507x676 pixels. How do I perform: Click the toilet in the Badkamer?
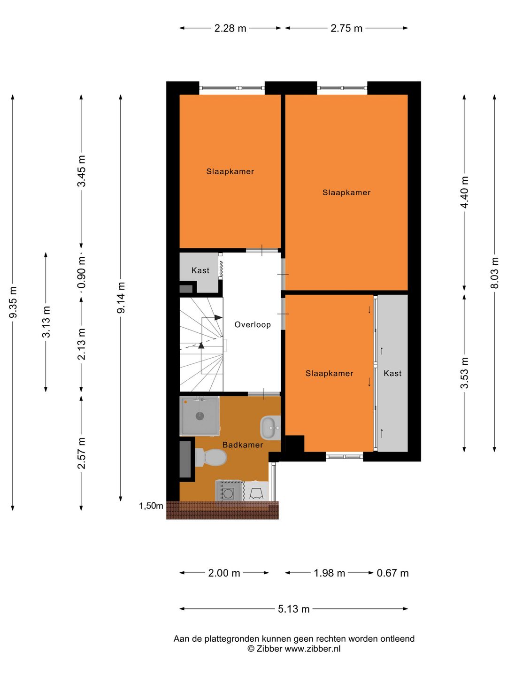(212, 457)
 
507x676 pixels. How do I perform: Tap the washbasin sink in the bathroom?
(270, 427)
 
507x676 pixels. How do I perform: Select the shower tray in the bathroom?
(200, 416)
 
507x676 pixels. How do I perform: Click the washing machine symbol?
(229, 492)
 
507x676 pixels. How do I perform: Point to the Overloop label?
(253, 324)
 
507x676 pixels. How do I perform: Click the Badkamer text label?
(243, 445)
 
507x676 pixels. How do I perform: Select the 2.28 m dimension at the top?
(230, 28)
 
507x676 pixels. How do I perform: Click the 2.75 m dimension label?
(346, 28)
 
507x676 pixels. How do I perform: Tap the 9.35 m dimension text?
(13, 302)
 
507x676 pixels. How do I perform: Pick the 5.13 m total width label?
(293, 609)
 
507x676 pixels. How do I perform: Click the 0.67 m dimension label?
(392, 573)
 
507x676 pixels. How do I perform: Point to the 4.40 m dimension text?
(464, 192)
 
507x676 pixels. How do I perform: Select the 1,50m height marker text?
(151, 506)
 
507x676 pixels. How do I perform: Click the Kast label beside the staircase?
(200, 270)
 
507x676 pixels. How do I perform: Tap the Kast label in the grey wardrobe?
(392, 373)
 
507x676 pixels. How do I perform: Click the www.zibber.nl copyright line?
(294, 649)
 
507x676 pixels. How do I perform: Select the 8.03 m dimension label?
(494, 273)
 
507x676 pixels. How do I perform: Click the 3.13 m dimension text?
(46, 322)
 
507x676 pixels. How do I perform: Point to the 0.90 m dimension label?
(82, 273)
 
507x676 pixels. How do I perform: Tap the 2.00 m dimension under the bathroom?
(224, 573)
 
